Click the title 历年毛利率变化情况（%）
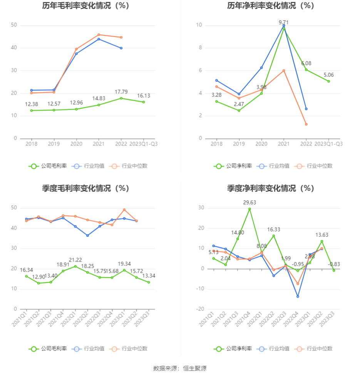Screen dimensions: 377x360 pos(85,6)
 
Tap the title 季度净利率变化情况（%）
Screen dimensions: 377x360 pos(270,188)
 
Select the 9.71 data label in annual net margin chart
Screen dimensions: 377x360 pos(284,22)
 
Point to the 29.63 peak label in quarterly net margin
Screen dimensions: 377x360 pos(249,202)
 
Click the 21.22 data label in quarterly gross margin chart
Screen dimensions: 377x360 pos(75,260)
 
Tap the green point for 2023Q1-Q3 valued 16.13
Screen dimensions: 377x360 pos(144,102)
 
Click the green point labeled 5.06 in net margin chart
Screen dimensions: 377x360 pos(329,81)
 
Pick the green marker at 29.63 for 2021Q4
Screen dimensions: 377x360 pos(249,209)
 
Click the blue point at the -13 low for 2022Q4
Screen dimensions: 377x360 pos(298,296)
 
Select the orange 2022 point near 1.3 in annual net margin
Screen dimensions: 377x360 pos(306,124)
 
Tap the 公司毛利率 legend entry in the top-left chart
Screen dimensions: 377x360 pos(48,166)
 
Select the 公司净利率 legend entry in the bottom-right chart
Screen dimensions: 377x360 pos(233,349)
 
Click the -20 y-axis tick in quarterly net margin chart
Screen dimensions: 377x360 pos(201,309)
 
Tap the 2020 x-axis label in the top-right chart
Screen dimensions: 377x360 pos(261,144)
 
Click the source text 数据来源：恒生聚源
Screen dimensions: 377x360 pos(180,368)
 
